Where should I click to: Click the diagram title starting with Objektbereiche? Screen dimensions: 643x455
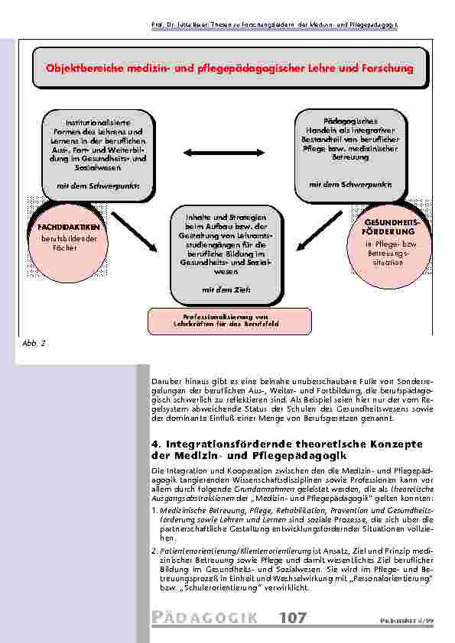point(229,68)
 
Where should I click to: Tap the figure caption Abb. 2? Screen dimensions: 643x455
point(34,344)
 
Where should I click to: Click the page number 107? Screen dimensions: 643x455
point(293,617)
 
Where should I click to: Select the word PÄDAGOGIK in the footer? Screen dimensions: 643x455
point(206,618)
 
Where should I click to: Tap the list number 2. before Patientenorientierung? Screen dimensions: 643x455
point(155,550)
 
